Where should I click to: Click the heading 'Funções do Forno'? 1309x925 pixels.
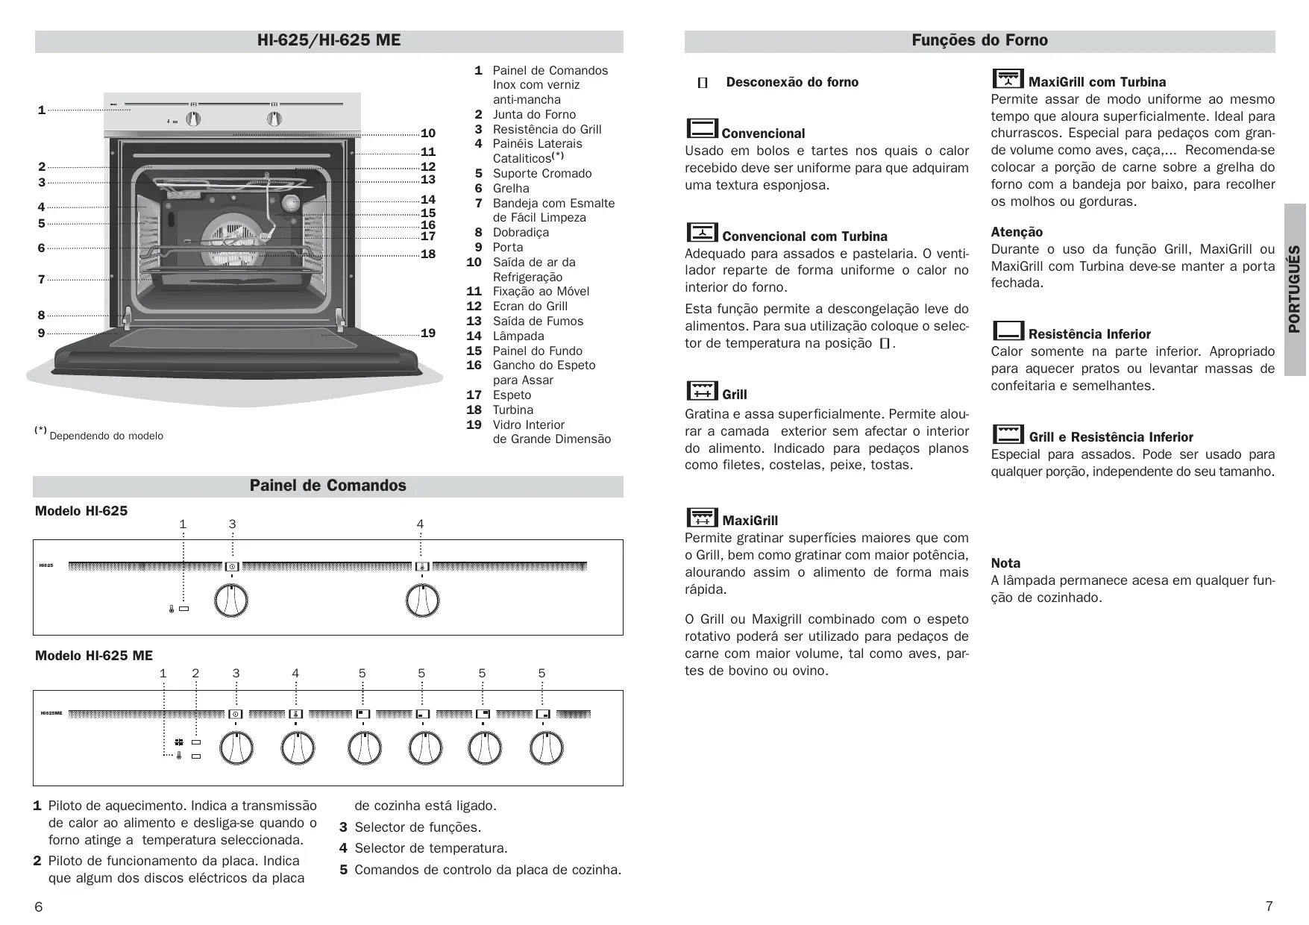(x=979, y=40)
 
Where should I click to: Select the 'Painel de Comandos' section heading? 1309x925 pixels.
(x=328, y=486)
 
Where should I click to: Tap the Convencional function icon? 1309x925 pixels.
(x=702, y=129)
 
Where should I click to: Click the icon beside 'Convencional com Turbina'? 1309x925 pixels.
(x=702, y=232)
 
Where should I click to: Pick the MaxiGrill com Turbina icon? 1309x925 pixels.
(x=1008, y=78)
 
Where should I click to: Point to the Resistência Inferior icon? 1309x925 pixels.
(x=1008, y=330)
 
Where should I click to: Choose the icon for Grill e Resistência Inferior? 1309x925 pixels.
(x=1008, y=433)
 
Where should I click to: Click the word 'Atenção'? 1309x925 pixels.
(x=1017, y=232)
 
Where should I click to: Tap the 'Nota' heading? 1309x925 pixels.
(x=1005, y=563)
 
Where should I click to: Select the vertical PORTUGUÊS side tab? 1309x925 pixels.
(x=1295, y=289)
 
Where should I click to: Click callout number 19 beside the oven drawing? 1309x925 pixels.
(x=428, y=333)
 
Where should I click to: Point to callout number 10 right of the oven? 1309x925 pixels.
(x=428, y=134)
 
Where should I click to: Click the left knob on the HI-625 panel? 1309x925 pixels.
(x=231, y=601)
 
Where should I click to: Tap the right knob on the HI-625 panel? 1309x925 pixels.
(x=422, y=601)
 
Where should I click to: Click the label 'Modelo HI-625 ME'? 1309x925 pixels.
(x=94, y=656)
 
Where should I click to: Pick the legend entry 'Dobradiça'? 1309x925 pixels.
(x=521, y=232)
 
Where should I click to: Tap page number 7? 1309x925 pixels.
(x=1269, y=906)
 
